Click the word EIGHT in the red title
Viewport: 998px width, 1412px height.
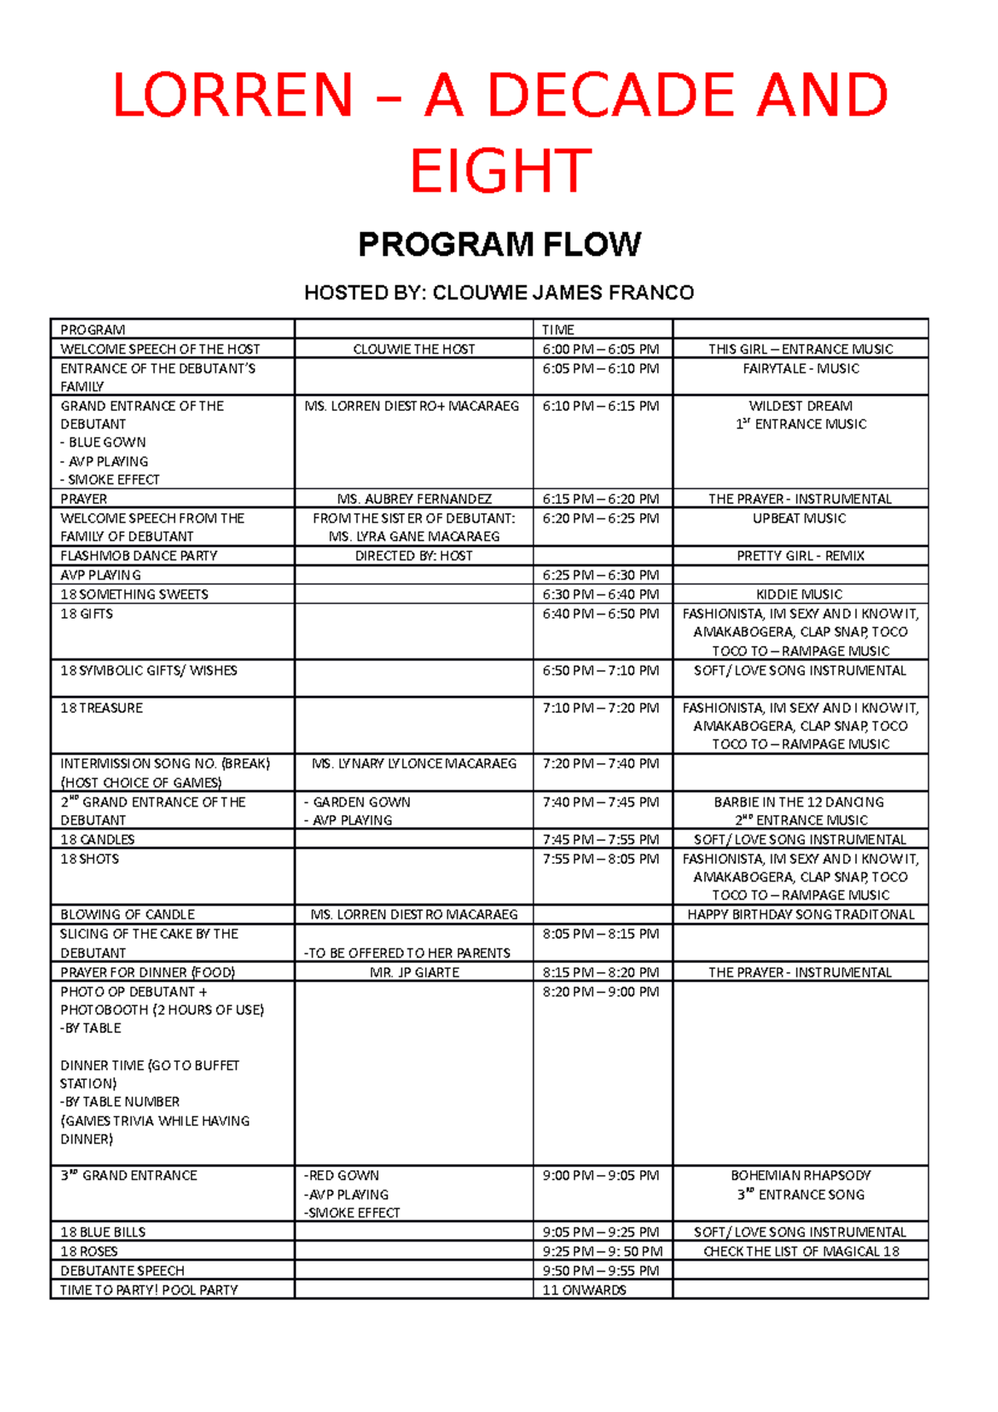(501, 170)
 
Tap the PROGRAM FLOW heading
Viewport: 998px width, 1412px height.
(499, 244)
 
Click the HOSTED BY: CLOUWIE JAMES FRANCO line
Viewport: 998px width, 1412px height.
(499, 293)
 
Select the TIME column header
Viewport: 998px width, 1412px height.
(558, 329)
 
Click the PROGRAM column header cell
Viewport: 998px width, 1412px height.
(93, 329)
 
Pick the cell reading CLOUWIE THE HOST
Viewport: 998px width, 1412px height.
(413, 349)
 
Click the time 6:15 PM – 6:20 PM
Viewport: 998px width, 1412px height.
(600, 499)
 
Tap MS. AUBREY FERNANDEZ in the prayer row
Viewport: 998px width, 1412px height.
(413, 499)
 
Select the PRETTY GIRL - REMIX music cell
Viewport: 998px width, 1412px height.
(800, 555)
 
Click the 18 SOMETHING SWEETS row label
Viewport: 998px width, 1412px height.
(134, 594)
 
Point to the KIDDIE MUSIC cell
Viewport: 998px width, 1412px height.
(799, 594)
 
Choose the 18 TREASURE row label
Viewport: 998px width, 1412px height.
(101, 708)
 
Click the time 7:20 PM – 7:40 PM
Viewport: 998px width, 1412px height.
(600, 763)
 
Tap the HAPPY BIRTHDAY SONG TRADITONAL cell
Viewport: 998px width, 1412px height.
(800, 914)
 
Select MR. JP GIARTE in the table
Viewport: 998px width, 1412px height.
(413, 972)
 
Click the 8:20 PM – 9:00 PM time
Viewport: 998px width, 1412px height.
(600, 991)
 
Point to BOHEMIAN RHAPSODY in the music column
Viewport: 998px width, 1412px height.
(800, 1175)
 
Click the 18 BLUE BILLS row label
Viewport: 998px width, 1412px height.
(102, 1232)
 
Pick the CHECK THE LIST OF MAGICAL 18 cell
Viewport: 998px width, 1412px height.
(800, 1251)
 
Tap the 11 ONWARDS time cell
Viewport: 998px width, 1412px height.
(584, 1290)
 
